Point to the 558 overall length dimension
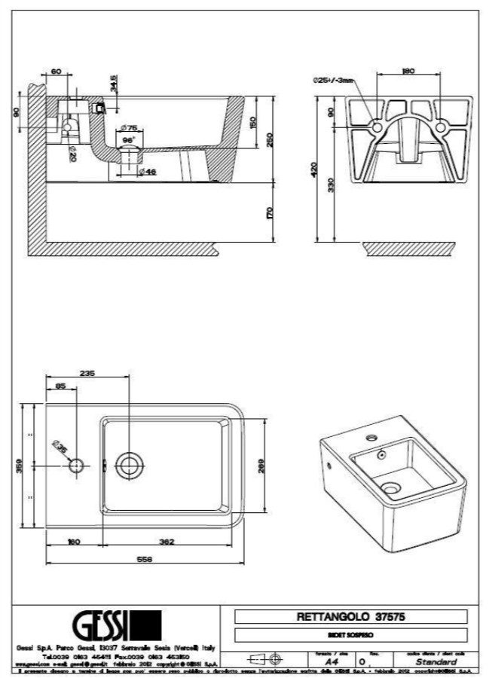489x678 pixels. [x=145, y=560]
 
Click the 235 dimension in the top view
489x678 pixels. [x=88, y=373]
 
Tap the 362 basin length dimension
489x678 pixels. [x=167, y=542]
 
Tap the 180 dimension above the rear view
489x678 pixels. [x=408, y=72]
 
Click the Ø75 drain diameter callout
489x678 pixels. [x=128, y=128]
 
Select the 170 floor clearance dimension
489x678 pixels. [x=269, y=213]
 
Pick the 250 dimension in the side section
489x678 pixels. [x=269, y=140]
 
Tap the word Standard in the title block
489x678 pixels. [x=436, y=661]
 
